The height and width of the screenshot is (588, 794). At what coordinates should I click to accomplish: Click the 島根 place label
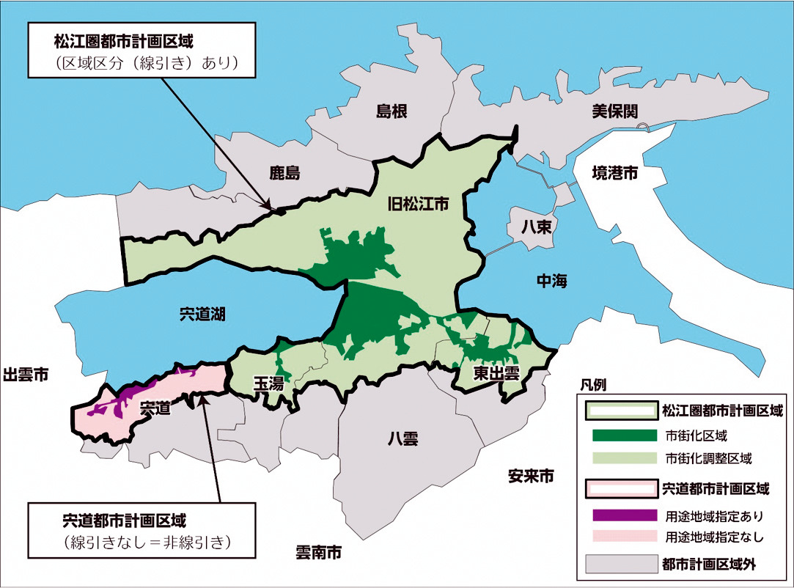click(392, 111)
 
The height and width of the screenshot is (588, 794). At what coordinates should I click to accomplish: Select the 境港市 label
click(614, 174)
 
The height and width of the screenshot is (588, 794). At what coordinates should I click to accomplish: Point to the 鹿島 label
click(285, 174)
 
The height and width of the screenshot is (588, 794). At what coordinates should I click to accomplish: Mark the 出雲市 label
click(26, 375)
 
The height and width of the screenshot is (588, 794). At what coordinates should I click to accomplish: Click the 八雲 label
click(402, 439)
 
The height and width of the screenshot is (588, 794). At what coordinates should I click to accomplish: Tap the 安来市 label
click(531, 477)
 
